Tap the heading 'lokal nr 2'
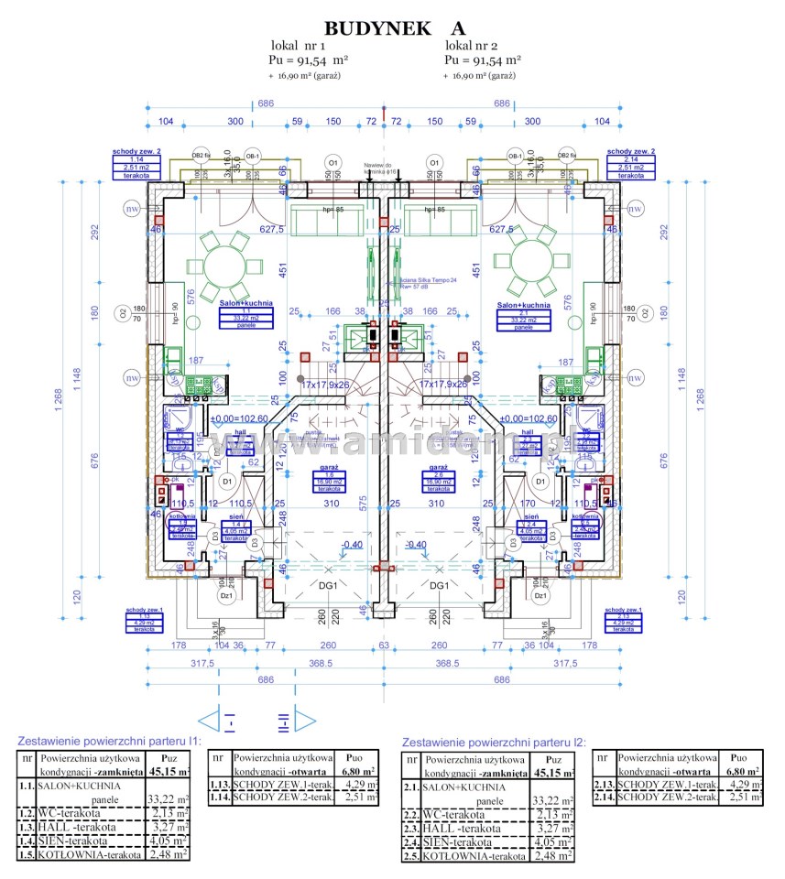[x=472, y=45]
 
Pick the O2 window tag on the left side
[x=122, y=314]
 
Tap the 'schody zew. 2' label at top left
[x=136, y=151]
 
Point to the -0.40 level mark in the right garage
[x=417, y=545]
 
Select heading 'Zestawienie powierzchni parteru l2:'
[x=493, y=743]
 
